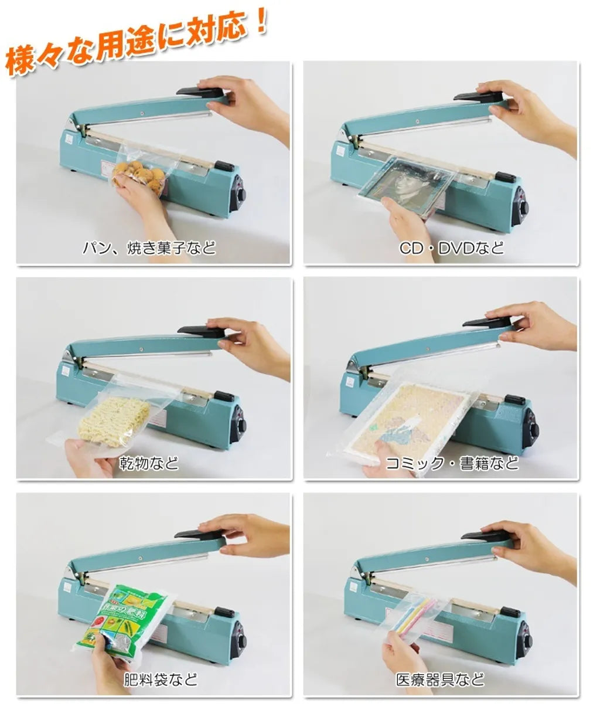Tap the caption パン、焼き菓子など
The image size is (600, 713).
(149, 248)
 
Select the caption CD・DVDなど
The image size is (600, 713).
(452, 248)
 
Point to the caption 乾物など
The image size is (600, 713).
(149, 463)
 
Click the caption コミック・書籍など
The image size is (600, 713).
(452, 463)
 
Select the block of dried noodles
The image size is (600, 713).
(114, 420)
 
